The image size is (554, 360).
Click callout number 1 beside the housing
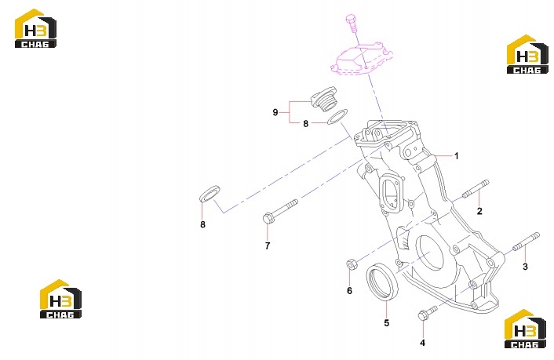click(457, 156)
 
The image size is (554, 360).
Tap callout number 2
click(479, 211)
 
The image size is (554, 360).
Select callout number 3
click(525, 267)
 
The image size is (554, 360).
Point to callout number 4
click(423, 342)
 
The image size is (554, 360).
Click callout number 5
click(387, 322)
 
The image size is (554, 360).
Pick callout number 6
click(349, 290)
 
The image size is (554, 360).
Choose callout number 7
click(268, 245)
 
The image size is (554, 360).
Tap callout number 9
click(275, 112)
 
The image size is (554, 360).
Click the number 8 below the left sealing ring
click(202, 224)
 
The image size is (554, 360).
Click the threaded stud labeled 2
click(476, 189)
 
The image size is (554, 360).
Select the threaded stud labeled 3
click(526, 242)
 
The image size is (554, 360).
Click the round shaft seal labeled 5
click(382, 282)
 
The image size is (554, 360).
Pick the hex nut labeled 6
click(352, 264)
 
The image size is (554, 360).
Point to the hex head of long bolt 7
click(269, 218)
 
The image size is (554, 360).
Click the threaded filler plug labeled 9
click(76, 100)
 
